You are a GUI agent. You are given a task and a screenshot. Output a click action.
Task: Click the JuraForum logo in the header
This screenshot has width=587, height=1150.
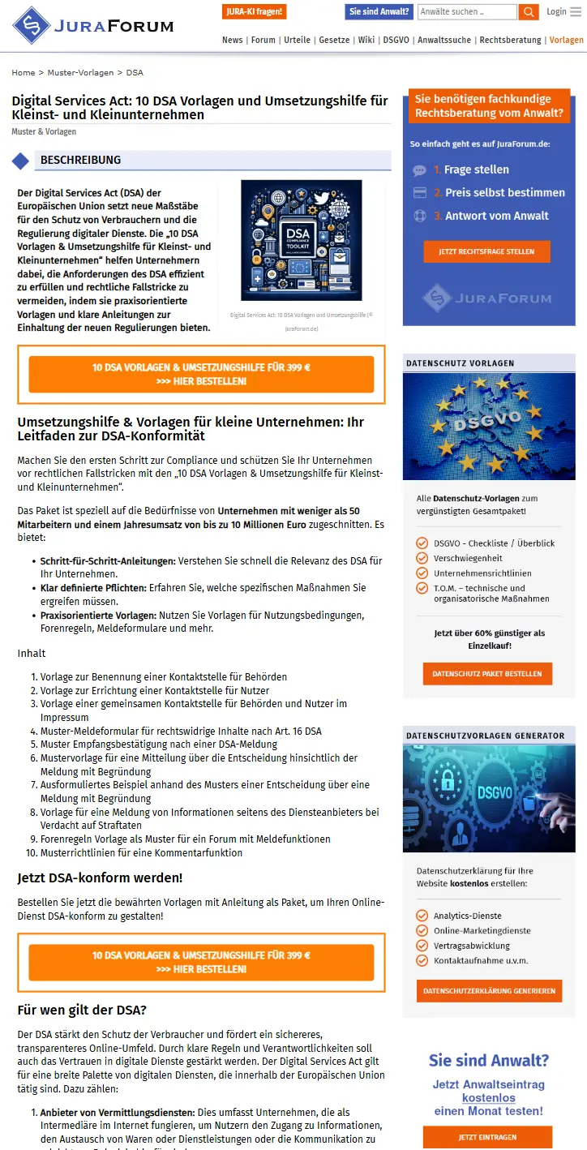(x=92, y=25)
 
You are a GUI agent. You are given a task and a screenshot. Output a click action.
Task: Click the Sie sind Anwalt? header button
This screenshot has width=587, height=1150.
(x=379, y=11)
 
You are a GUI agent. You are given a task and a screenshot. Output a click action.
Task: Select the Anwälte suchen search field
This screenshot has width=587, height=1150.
(x=466, y=12)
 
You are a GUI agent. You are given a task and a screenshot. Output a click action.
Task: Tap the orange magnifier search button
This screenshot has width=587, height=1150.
(x=529, y=12)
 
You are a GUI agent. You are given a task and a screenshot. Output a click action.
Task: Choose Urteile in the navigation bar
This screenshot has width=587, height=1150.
(x=298, y=40)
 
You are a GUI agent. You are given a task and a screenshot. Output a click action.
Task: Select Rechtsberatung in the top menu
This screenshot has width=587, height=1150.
(x=510, y=40)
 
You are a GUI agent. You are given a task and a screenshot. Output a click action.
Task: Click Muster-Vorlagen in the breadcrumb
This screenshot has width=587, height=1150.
(x=80, y=73)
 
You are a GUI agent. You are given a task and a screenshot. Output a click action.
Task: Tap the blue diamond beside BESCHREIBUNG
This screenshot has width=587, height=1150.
(x=20, y=161)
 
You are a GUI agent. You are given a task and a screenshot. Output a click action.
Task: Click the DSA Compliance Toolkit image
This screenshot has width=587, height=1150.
(x=301, y=240)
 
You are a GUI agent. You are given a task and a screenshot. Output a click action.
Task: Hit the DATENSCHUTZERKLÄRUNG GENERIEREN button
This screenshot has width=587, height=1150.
(x=489, y=990)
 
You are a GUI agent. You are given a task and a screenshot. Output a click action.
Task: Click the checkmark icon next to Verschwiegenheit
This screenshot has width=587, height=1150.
(x=422, y=558)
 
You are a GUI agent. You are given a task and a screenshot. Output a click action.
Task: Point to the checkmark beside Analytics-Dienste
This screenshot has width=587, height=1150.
(x=422, y=916)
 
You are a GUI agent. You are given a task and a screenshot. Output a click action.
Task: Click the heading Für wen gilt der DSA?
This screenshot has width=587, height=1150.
(x=82, y=1011)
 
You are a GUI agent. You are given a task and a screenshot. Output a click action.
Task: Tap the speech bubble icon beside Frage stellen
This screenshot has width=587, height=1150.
(x=419, y=170)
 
